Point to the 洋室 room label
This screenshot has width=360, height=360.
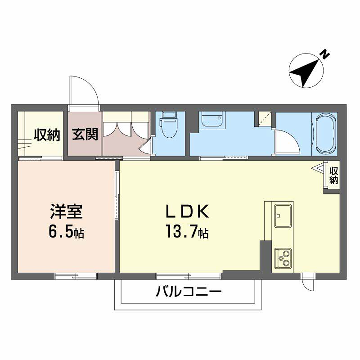tap(66, 213)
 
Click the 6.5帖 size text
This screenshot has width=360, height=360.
tap(66, 234)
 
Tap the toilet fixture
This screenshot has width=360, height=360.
tap(168, 125)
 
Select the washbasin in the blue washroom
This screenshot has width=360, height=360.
tap(211, 121)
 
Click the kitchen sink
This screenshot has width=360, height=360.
tap(279, 214)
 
